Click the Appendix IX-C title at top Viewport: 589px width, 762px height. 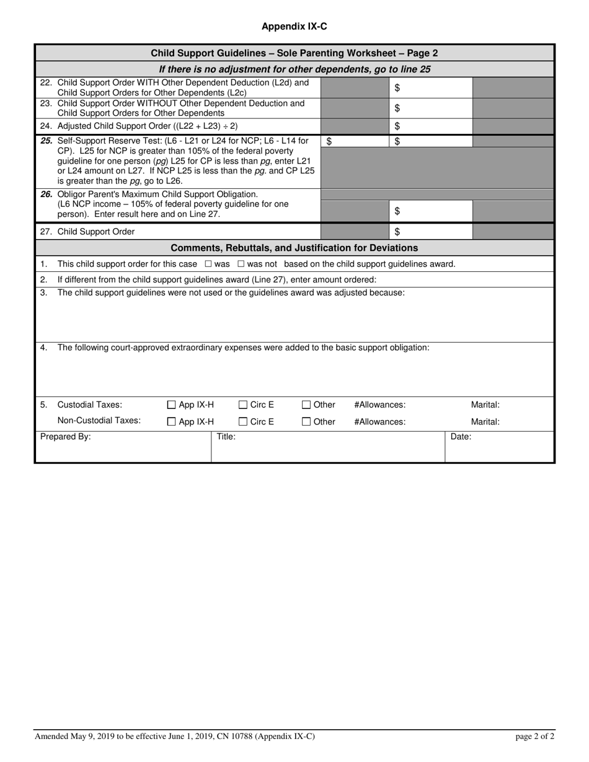[294, 27]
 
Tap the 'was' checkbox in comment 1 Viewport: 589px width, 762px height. [208, 264]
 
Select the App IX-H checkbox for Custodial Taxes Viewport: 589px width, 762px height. [172, 405]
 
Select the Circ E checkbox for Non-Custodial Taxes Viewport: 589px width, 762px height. [243, 422]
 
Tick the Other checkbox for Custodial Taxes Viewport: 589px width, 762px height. [306, 405]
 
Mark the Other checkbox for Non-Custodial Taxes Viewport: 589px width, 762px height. [306, 422]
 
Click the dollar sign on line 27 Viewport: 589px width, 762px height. [397, 232]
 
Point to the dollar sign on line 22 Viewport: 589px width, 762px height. [397, 88]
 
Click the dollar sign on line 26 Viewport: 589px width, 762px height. [397, 211]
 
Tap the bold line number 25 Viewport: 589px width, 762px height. [46, 141]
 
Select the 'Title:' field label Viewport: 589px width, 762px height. [226, 437]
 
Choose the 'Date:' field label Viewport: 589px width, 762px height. [461, 437]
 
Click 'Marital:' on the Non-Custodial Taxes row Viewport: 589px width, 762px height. [485, 422]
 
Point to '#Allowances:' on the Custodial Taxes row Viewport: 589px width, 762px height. [379, 405]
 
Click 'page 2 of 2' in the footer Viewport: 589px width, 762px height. [535, 737]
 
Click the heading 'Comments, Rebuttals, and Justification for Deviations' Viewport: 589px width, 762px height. [294, 248]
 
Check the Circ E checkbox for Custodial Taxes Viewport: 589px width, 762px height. [243, 405]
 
